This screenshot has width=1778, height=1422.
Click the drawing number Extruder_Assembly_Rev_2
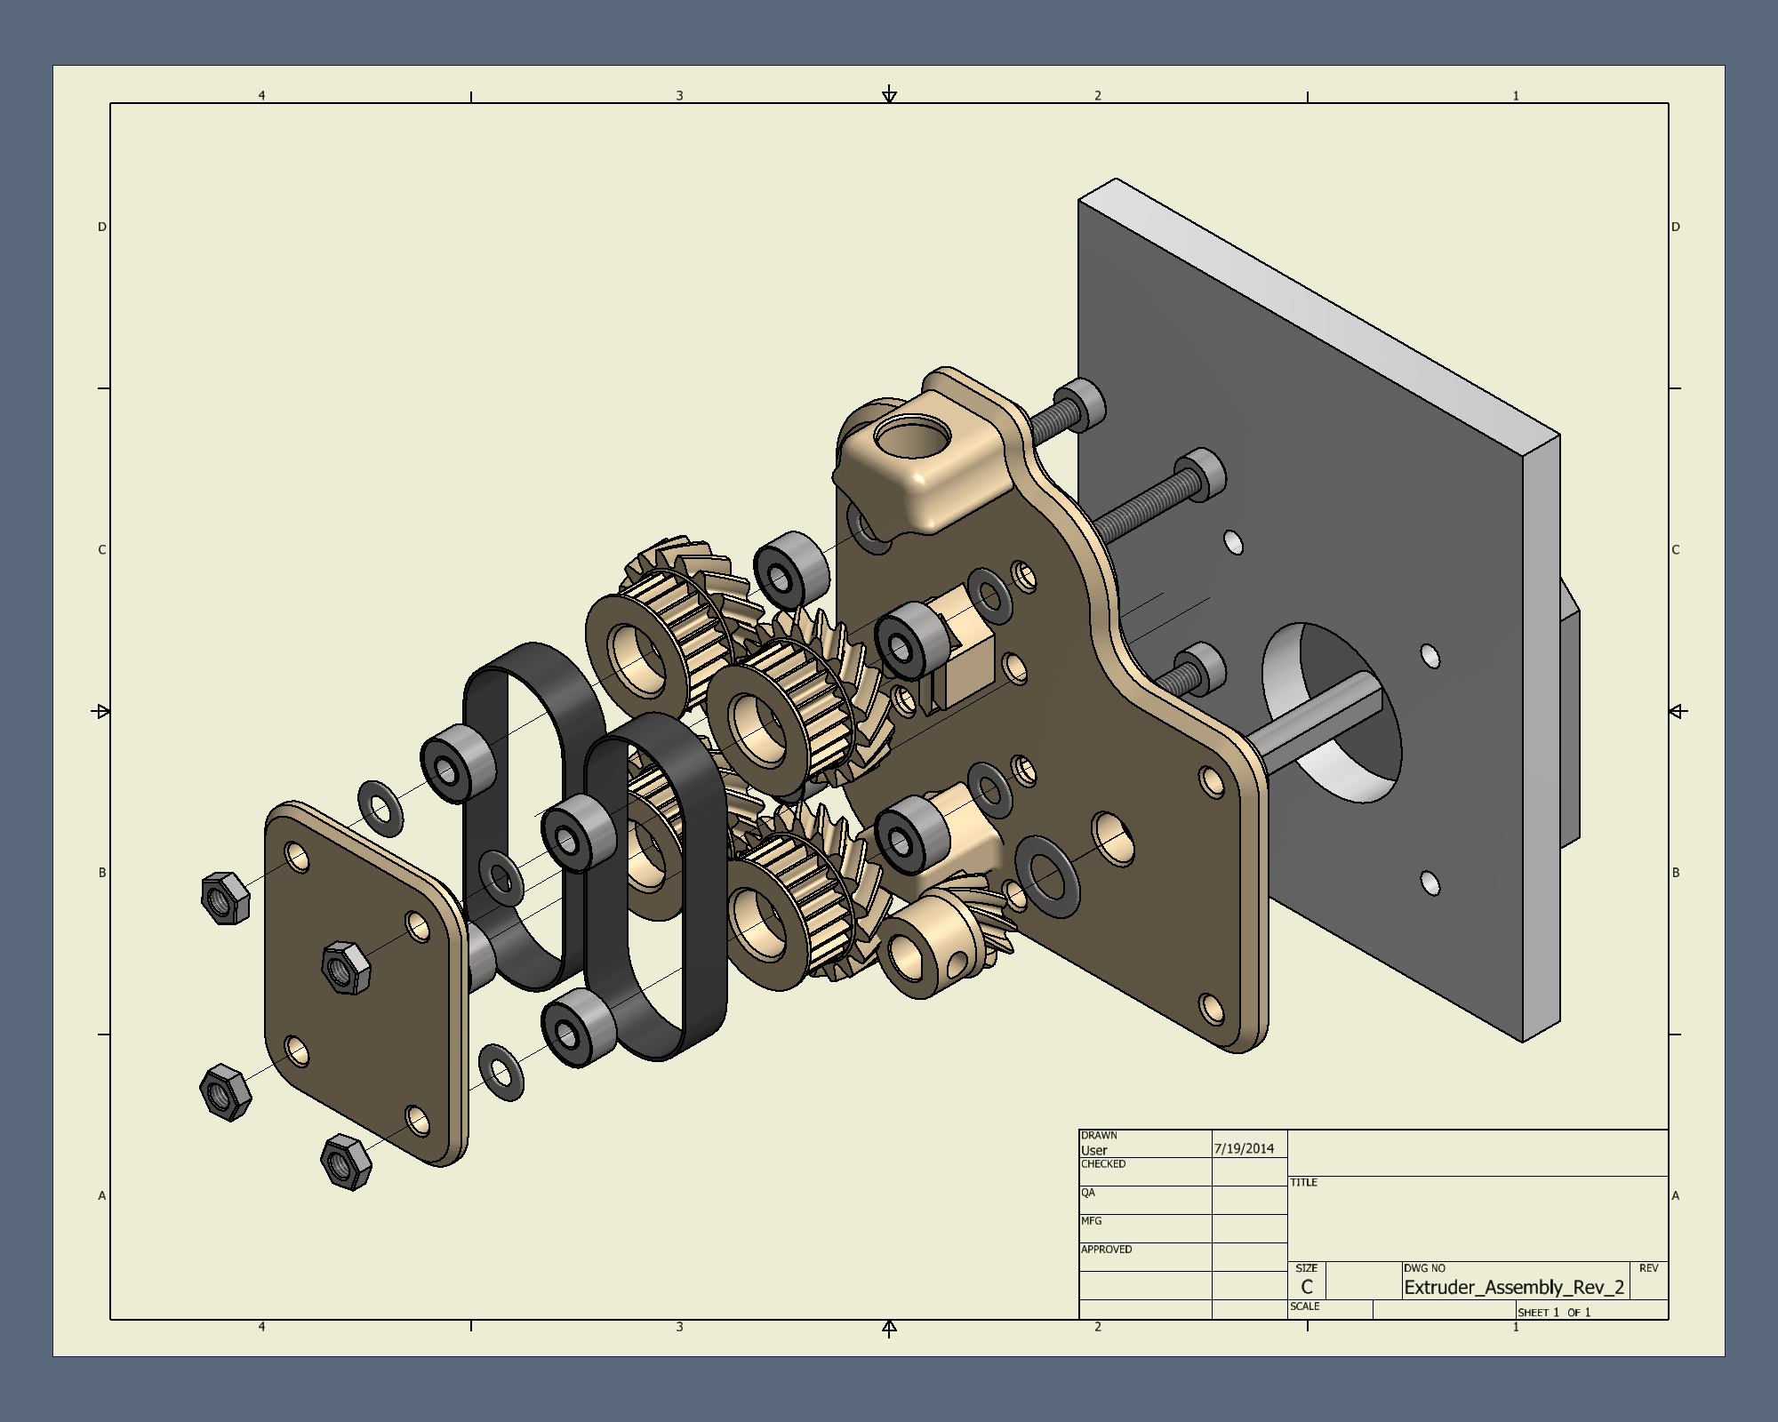1514,1287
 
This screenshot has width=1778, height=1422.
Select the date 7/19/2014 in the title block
1244,1148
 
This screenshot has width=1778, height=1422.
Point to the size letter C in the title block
1306,1287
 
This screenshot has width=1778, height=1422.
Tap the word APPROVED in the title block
1106,1250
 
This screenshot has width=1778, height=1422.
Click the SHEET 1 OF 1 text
1554,1312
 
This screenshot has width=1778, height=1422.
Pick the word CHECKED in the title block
1103,1164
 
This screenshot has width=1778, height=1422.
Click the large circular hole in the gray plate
1331,713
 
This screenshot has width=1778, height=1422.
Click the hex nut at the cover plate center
345,967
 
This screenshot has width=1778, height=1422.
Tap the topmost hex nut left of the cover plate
225,898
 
